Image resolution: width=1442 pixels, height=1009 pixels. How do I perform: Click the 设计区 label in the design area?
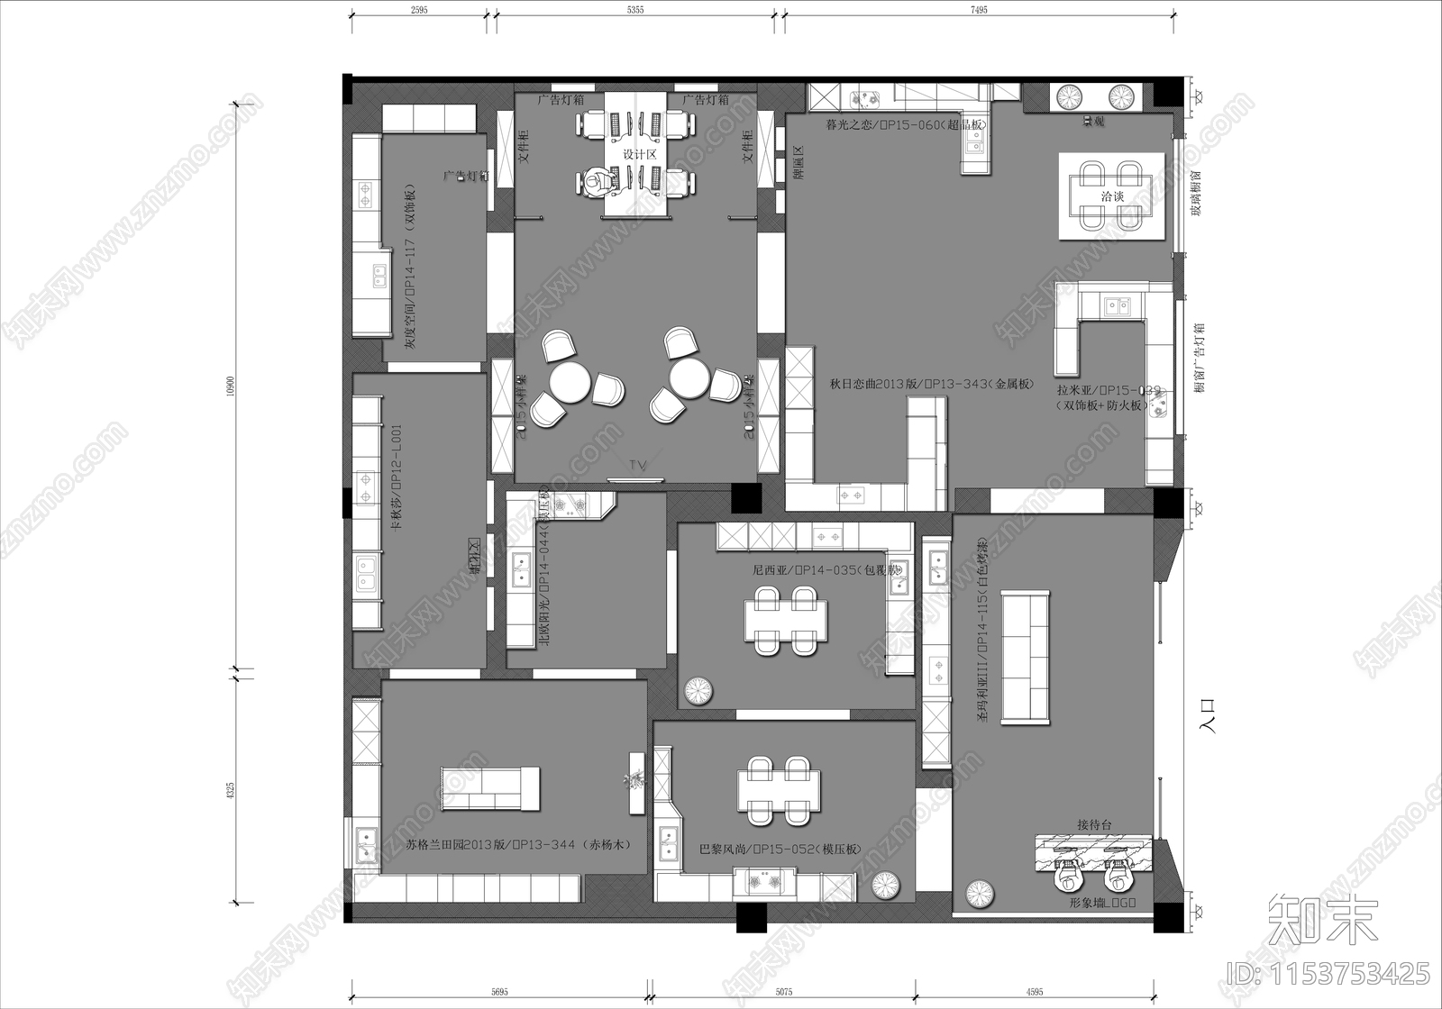[x=639, y=155]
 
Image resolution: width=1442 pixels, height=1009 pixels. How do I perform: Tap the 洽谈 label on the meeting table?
[x=1113, y=196]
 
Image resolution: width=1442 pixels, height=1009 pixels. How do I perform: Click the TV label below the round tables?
[x=638, y=465]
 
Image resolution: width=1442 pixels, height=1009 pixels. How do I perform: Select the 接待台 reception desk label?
[x=1095, y=824]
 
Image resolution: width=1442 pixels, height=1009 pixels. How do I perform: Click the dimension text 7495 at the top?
[x=979, y=10]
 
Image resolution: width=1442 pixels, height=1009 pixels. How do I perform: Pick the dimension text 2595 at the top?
[x=419, y=10]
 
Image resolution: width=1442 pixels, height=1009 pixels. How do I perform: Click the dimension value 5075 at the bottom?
[x=783, y=992]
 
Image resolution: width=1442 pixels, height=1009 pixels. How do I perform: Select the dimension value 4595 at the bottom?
[x=1034, y=992]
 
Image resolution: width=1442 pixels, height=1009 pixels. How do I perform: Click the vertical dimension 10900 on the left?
[x=231, y=386]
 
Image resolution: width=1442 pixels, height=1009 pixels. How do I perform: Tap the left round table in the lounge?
[x=569, y=381]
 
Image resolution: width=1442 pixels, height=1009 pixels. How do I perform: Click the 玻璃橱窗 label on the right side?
[x=1196, y=195]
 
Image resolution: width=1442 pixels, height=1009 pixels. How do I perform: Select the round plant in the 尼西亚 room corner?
[x=699, y=691]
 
